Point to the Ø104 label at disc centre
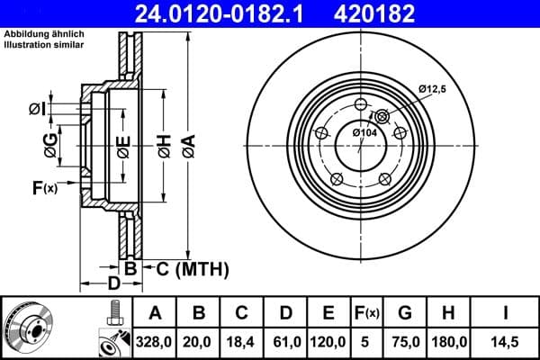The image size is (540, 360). pyautogui.click(x=364, y=133)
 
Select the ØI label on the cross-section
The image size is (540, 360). pyautogui.click(x=35, y=109)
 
